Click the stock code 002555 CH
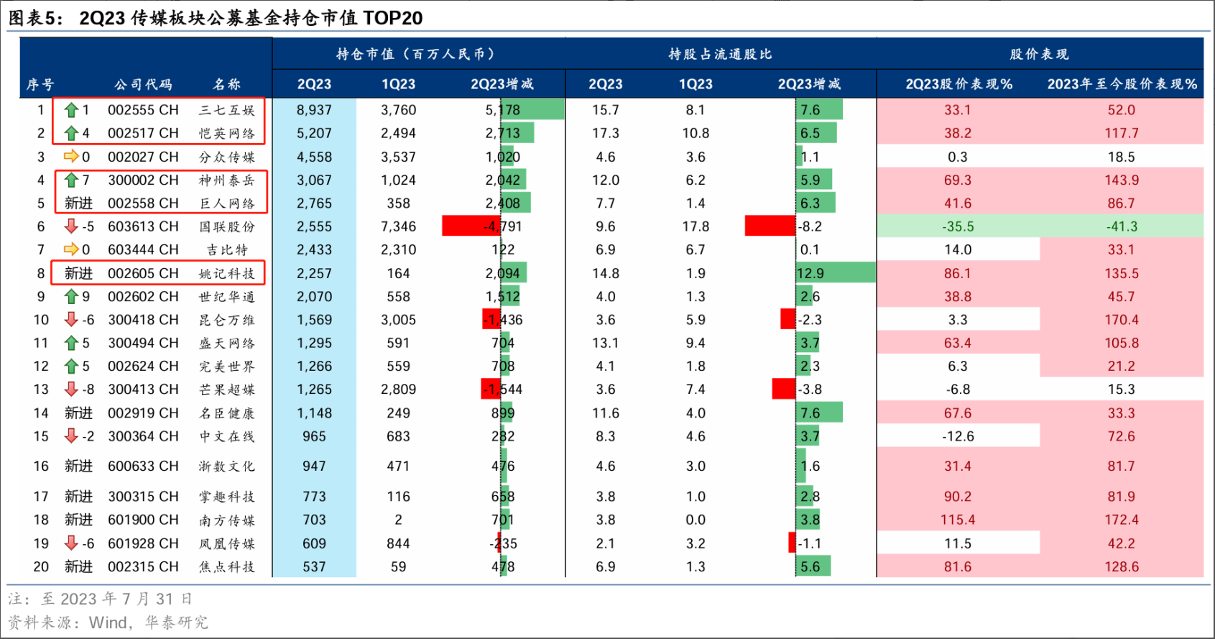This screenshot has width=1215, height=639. pos(143,110)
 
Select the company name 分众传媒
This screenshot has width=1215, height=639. pos(226,157)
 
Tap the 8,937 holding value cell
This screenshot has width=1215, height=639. pos(314,110)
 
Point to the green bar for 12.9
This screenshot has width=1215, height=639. pos(836,273)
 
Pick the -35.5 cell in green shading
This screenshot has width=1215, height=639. pos(958,226)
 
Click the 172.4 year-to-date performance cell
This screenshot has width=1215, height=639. pos(1121,520)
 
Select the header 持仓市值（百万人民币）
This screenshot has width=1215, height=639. pos(417,54)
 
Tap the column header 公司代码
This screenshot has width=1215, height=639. pos(143,84)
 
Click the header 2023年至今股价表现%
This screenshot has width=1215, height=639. pos(1122,84)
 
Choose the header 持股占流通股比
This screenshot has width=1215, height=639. pos(720,54)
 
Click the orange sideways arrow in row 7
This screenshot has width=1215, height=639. pos(71,249)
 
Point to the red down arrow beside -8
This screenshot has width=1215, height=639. pos(71,390)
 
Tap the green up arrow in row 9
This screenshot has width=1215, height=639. pos(71,296)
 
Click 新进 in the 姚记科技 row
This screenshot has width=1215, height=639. pos(78,273)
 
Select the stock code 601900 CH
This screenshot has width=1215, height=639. pos(143,520)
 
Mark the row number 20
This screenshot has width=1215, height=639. pos(41,566)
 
